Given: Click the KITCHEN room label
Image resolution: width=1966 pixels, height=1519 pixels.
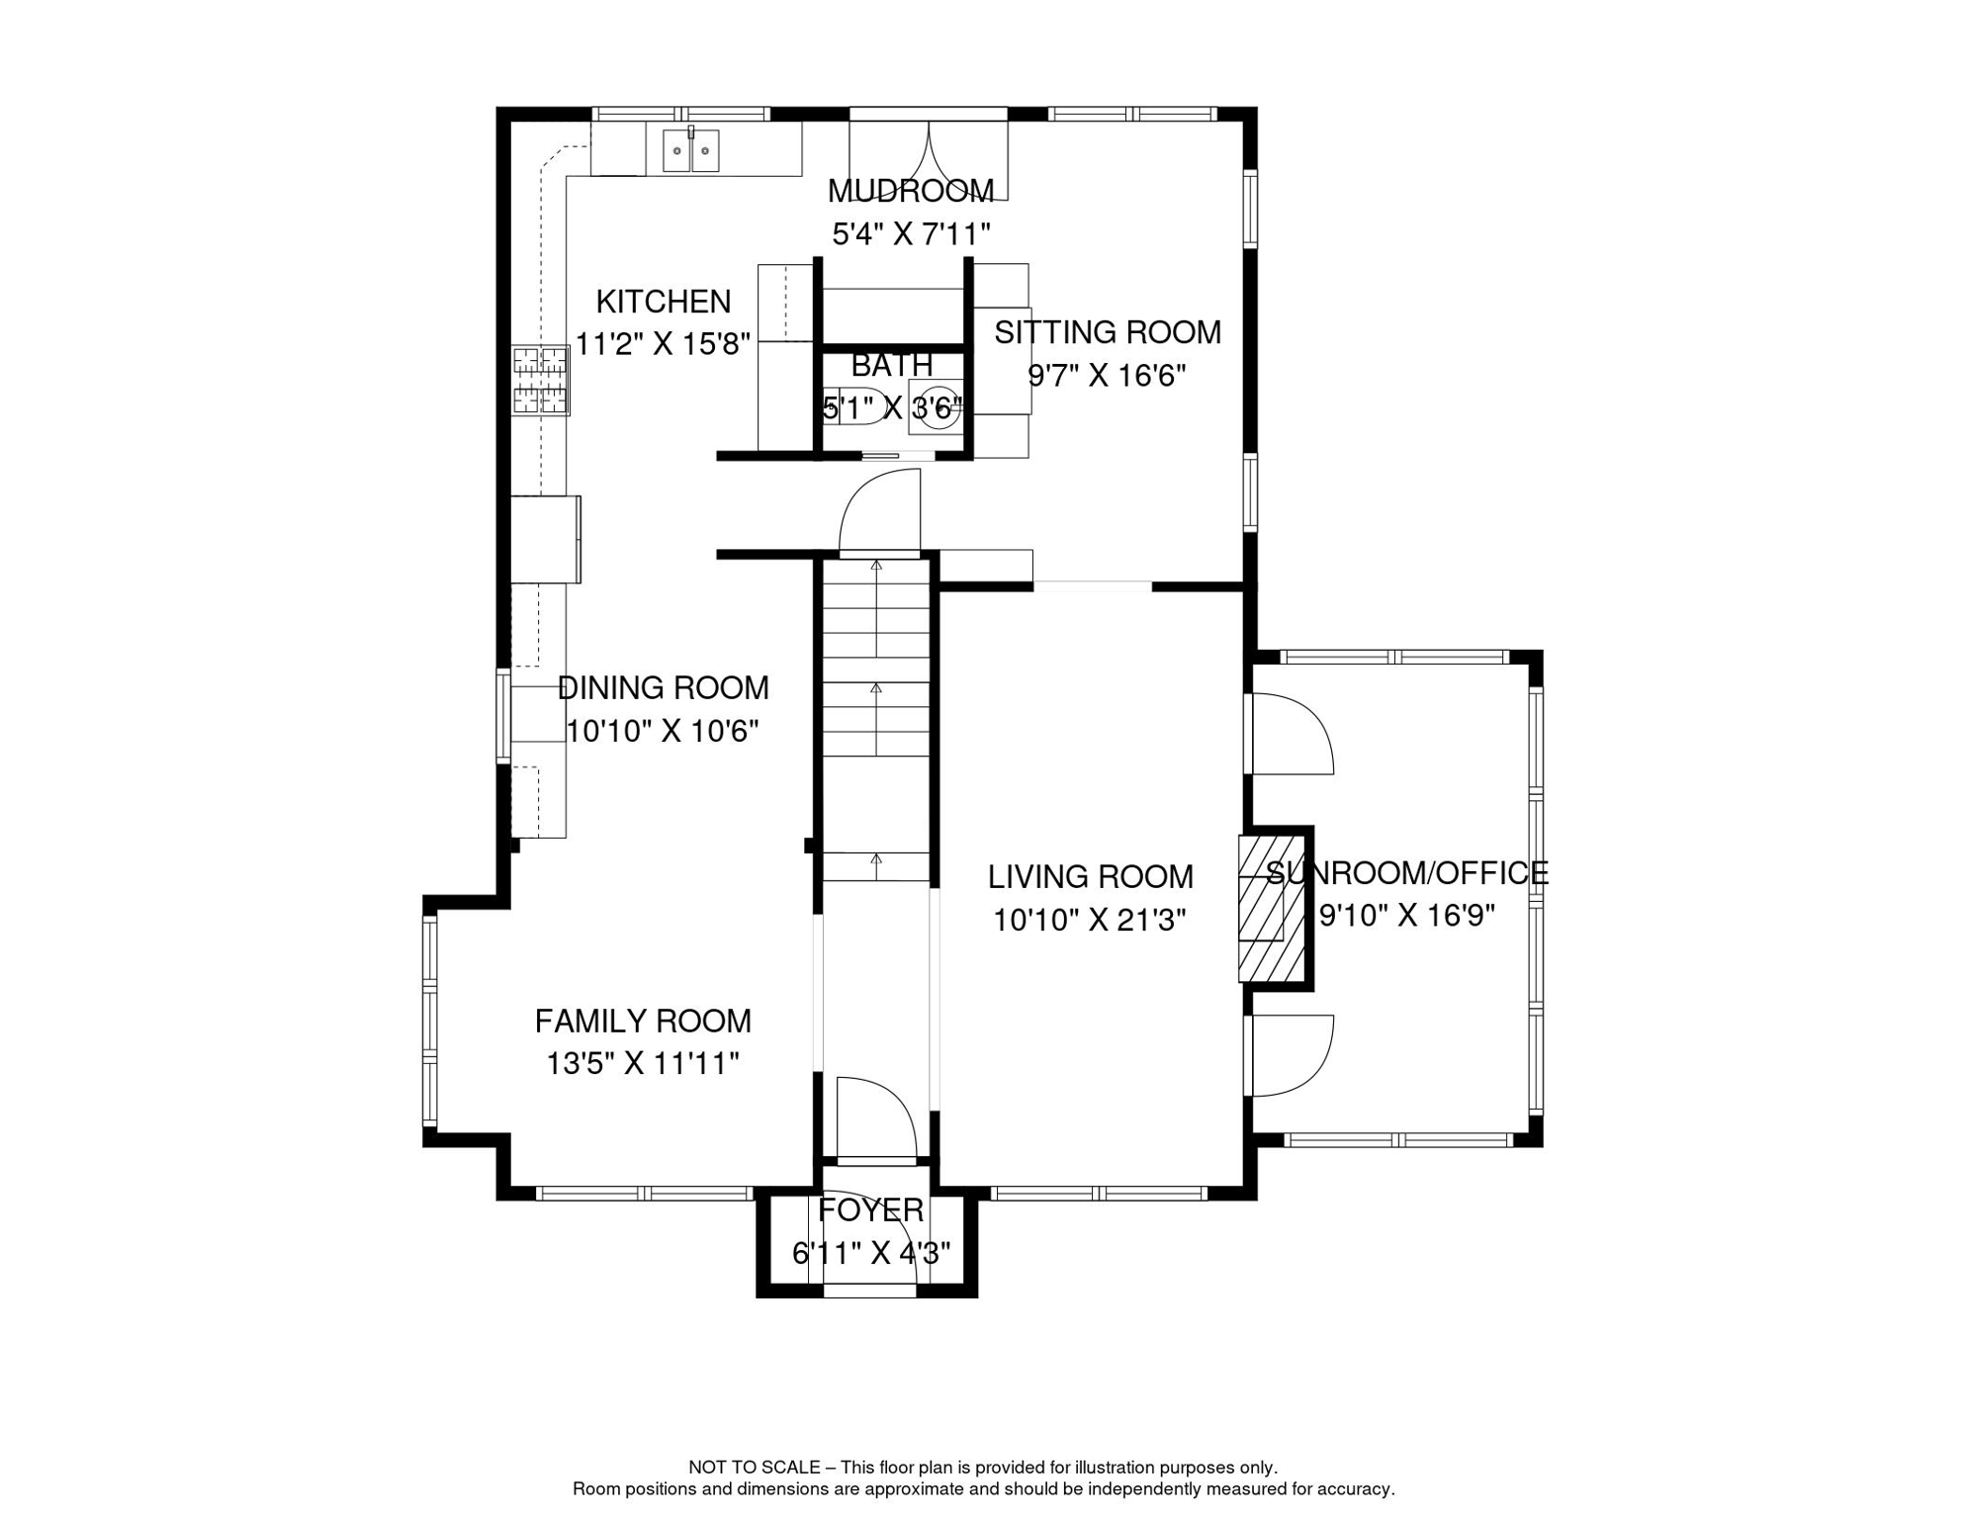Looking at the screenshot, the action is (x=663, y=302).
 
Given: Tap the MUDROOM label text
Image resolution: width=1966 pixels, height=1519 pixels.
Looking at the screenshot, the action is (x=911, y=191).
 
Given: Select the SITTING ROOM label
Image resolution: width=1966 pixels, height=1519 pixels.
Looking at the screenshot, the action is (x=1108, y=332).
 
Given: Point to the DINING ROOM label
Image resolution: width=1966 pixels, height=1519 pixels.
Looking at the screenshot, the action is (x=663, y=687).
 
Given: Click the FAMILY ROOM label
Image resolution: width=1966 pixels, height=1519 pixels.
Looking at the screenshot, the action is (x=643, y=1021).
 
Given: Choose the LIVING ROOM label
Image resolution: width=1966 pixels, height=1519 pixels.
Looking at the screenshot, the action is (x=1090, y=876).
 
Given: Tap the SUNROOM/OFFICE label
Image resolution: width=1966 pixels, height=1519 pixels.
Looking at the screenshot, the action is (x=1407, y=872).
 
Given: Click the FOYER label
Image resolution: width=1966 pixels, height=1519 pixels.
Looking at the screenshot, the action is (x=870, y=1209).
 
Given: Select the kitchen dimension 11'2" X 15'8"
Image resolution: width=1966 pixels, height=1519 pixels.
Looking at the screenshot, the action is (x=663, y=344).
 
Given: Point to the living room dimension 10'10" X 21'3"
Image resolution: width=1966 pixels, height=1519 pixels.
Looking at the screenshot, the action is (x=1090, y=921).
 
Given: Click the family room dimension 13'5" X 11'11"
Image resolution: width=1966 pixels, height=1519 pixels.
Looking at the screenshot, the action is (x=643, y=1064).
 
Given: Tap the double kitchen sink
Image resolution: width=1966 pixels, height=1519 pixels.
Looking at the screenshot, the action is (x=690, y=150).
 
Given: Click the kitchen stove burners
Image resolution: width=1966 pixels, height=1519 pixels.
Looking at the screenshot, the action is (x=540, y=381).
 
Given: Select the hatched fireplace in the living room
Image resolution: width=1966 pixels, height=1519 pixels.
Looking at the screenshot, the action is (x=1272, y=909).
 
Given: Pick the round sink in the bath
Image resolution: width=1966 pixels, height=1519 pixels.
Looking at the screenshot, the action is (x=936, y=406).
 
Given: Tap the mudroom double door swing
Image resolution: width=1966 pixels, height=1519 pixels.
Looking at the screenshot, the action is (x=929, y=160).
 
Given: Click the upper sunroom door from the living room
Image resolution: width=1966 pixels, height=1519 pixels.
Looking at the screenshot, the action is (x=1292, y=733).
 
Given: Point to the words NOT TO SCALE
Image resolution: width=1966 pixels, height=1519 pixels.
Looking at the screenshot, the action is (x=754, y=1468).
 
